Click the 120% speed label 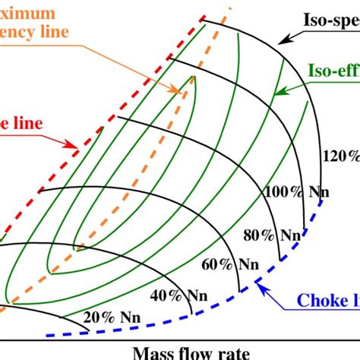(341, 156)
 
